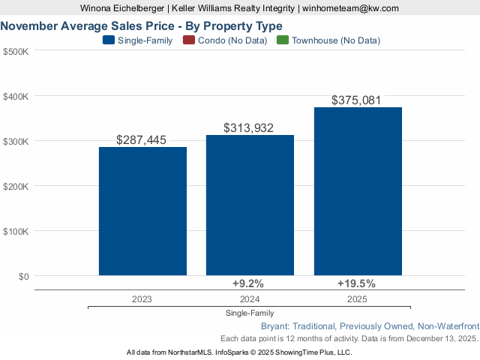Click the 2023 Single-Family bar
pyautogui.click(x=142, y=211)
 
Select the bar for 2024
pyautogui.click(x=250, y=205)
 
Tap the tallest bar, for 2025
pyautogui.click(x=358, y=191)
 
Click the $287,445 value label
pyautogui.click(x=142, y=140)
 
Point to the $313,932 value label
pyautogui.click(x=249, y=128)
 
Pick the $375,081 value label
pyautogui.click(x=358, y=100)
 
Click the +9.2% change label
pyautogui.click(x=248, y=283)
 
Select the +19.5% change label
pyautogui.click(x=356, y=283)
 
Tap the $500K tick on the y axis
pyautogui.click(x=16, y=52)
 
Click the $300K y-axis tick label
pyautogui.click(x=16, y=142)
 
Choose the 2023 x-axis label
pyautogui.click(x=142, y=298)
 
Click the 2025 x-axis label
pyautogui.click(x=357, y=298)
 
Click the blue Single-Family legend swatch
pyautogui.click(x=108, y=40)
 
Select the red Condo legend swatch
pyautogui.click(x=190, y=40)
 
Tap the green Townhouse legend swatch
pyautogui.click(x=283, y=40)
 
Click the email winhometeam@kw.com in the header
pyautogui.click(x=351, y=8)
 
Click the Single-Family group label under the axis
pyautogui.click(x=249, y=313)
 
